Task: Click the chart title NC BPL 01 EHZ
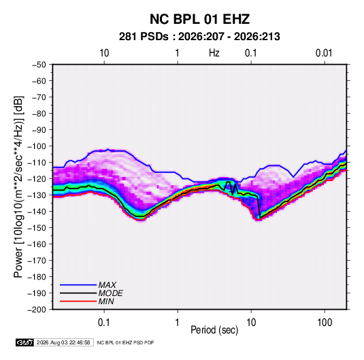tap(199, 19)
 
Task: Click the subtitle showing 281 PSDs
tap(199, 37)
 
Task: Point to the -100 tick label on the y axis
tap(37, 146)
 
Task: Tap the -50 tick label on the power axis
tap(39, 65)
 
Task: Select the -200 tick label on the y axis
tap(37, 310)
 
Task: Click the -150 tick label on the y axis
tap(37, 228)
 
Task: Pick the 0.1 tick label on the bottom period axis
tap(104, 323)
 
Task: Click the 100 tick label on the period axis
tap(325, 323)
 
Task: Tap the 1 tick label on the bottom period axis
tap(178, 323)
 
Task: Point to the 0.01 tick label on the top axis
tap(324, 53)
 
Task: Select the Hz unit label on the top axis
tap(214, 53)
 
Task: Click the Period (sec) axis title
tap(214, 330)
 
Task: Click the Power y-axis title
tap(18, 187)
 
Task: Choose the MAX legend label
tap(107, 285)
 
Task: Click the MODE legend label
tap(110, 293)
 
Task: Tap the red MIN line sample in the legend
tap(78, 301)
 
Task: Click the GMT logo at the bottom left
tap(25, 342)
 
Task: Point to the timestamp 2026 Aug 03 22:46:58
tap(63, 342)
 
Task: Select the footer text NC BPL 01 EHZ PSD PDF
tap(125, 342)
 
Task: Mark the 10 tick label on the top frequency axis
tap(104, 53)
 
